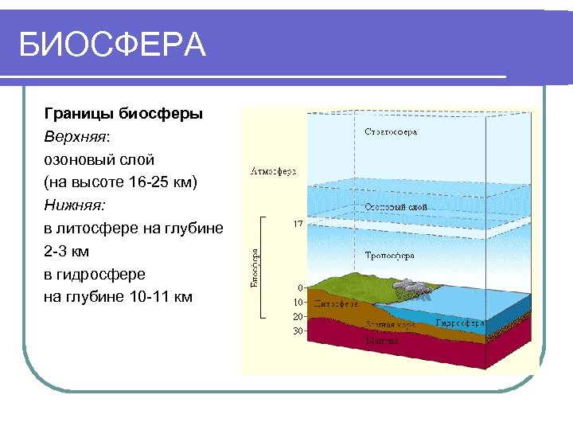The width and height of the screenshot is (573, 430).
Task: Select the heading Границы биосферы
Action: (x=123, y=113)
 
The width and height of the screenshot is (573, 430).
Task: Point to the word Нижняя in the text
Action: (x=74, y=205)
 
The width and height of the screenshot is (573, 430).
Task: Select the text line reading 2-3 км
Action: (x=66, y=252)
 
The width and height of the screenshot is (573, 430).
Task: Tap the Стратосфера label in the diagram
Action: (x=390, y=131)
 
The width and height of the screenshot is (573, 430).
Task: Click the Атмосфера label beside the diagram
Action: (x=273, y=171)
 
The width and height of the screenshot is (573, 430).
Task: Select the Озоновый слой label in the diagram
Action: (x=396, y=207)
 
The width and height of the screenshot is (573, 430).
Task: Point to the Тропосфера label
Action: (x=389, y=256)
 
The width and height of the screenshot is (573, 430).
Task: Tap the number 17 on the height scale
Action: (x=297, y=225)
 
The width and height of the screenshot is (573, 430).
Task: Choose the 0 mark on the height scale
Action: (x=299, y=287)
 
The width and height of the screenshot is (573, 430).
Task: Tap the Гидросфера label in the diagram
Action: (x=459, y=324)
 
